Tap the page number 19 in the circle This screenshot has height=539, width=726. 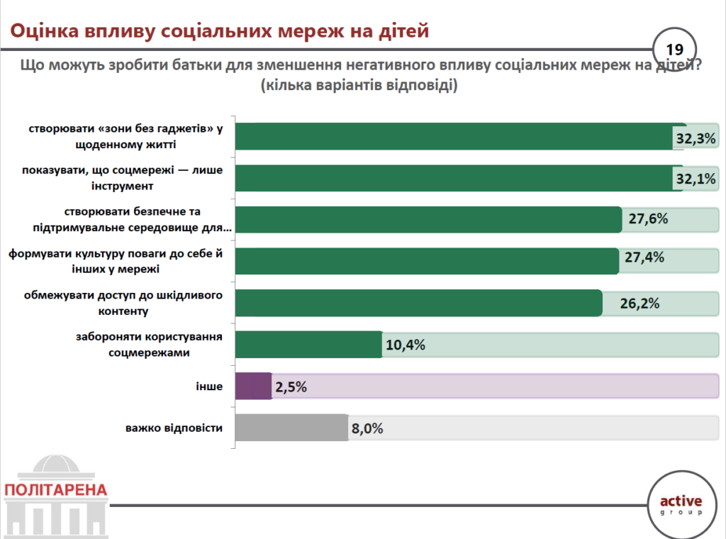pos(674,49)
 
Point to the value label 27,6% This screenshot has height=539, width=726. pos(648,219)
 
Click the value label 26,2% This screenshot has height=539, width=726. pos(640,303)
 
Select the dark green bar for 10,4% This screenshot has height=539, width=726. pos(308,345)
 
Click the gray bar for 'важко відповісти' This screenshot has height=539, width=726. pos(291,428)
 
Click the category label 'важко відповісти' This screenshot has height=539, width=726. pos(174,428)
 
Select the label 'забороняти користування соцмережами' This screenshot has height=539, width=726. pos(149,344)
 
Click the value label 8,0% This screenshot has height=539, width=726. pos(367,428)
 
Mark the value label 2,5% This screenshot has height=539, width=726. pos(291,387)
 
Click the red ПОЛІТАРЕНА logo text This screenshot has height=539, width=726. pos(55,489)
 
